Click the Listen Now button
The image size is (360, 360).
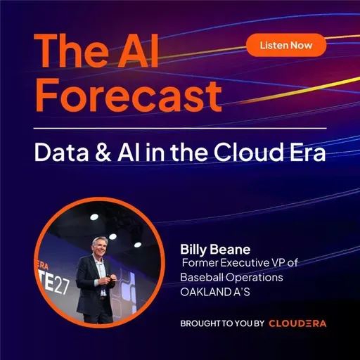click(286, 45)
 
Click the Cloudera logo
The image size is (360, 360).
click(297, 323)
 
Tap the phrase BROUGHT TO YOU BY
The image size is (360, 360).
click(222, 323)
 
